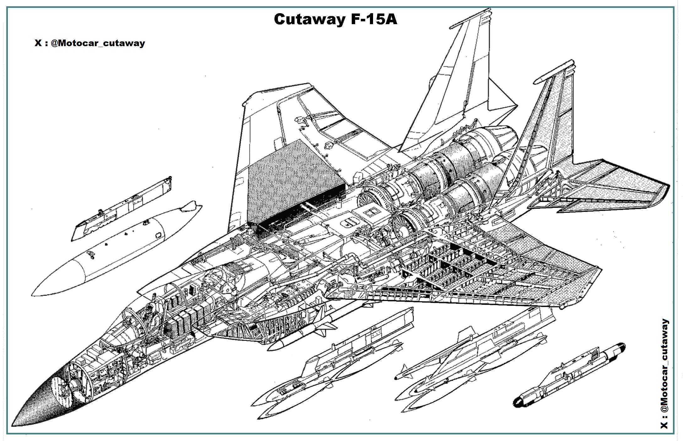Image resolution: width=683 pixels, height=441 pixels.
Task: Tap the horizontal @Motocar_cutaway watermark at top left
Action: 90,43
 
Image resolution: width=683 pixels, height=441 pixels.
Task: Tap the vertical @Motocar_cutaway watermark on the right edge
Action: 664,374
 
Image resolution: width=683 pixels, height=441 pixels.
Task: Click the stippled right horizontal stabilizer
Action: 615,191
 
